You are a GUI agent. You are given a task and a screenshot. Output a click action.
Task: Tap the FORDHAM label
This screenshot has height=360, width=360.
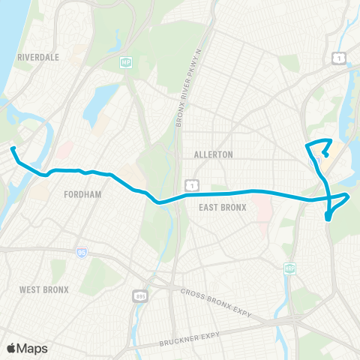click(82, 193)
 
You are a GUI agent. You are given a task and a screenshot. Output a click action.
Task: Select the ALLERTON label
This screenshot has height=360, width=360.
click(214, 154)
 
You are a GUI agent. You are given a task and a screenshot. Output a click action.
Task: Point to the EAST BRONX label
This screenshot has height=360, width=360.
click(223, 208)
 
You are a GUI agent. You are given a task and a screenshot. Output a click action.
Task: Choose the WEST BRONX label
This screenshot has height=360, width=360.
click(44, 289)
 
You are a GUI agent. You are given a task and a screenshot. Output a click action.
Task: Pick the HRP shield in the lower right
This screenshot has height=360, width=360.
click(289, 267)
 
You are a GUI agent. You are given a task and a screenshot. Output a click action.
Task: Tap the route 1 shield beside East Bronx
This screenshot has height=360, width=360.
click(193, 184)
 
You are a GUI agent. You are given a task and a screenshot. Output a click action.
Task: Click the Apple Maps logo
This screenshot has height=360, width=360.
click(27, 347)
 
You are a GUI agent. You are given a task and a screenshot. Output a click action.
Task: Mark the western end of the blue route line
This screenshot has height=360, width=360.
click(13, 149)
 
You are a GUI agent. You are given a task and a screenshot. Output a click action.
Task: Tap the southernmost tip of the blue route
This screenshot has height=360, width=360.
click(328, 219)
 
